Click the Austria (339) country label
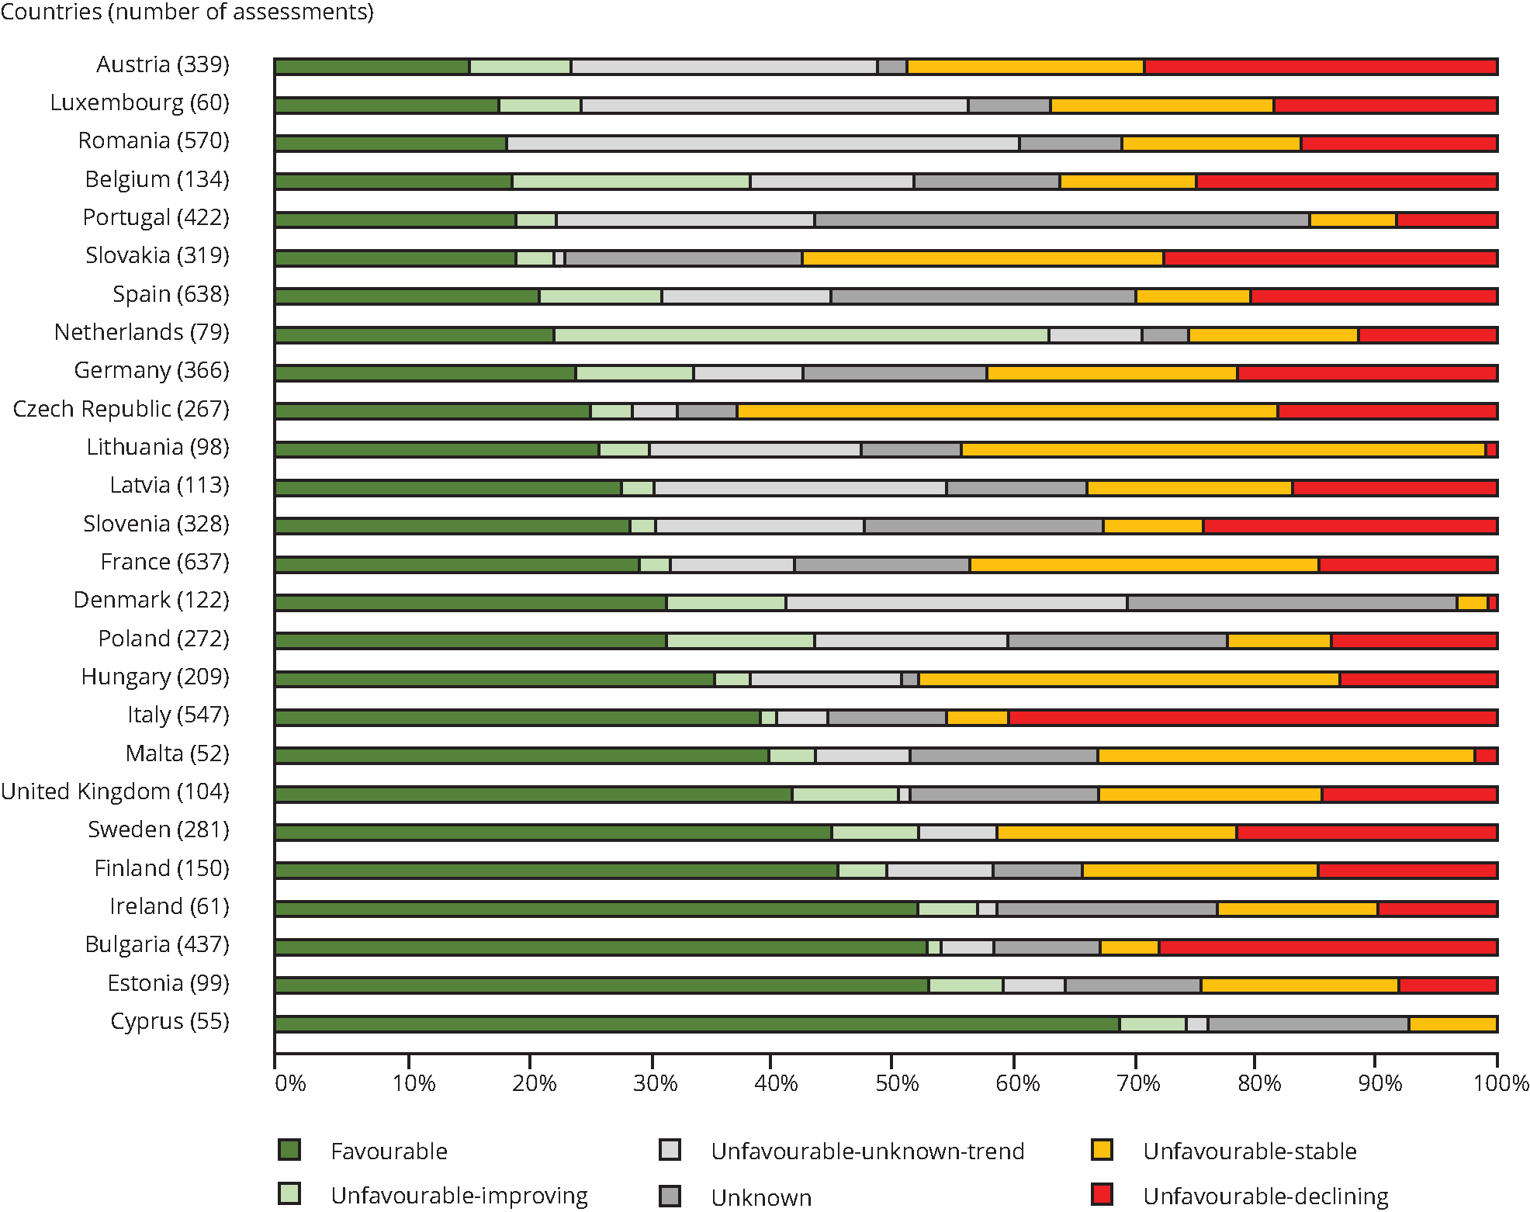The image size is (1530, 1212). click(x=163, y=64)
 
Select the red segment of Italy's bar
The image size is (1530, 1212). click(x=1252, y=718)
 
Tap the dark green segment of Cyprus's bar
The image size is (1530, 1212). click(x=697, y=1024)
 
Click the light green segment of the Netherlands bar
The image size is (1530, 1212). click(x=801, y=335)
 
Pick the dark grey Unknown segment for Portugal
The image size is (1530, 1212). click(x=1061, y=220)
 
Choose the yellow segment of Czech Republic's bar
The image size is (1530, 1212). click(x=1007, y=411)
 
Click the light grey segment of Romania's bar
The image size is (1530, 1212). click(x=763, y=144)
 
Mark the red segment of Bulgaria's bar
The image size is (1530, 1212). click(x=1327, y=947)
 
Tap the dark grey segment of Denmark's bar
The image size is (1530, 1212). click(x=1292, y=603)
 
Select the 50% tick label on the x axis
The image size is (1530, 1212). click(x=897, y=1083)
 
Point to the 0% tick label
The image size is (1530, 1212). click(x=290, y=1083)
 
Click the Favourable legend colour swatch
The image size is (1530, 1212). click(x=289, y=1150)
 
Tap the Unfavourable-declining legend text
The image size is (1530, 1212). click(x=1265, y=1196)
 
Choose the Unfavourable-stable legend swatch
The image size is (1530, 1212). click(x=1102, y=1150)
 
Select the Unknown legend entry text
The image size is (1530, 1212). click(x=761, y=1197)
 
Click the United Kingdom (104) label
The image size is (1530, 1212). click(x=116, y=791)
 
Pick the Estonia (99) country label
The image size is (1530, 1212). click(x=168, y=983)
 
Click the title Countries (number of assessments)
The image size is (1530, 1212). click(x=187, y=12)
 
